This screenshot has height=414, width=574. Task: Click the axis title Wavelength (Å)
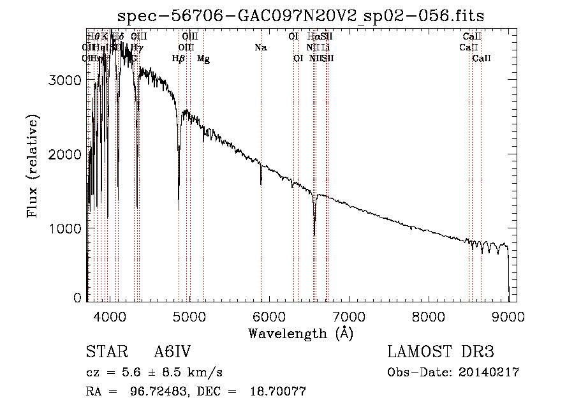click(x=300, y=333)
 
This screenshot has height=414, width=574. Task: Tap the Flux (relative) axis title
click(x=33, y=166)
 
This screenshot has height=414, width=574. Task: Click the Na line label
click(x=260, y=48)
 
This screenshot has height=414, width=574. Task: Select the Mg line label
click(x=203, y=59)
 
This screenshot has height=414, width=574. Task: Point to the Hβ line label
click(x=179, y=59)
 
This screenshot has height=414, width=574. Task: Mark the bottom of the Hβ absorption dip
click(x=179, y=209)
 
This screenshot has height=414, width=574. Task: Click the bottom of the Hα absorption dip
click(x=314, y=235)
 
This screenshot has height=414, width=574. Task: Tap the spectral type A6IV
click(x=172, y=352)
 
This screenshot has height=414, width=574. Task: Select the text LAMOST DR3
click(x=441, y=352)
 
